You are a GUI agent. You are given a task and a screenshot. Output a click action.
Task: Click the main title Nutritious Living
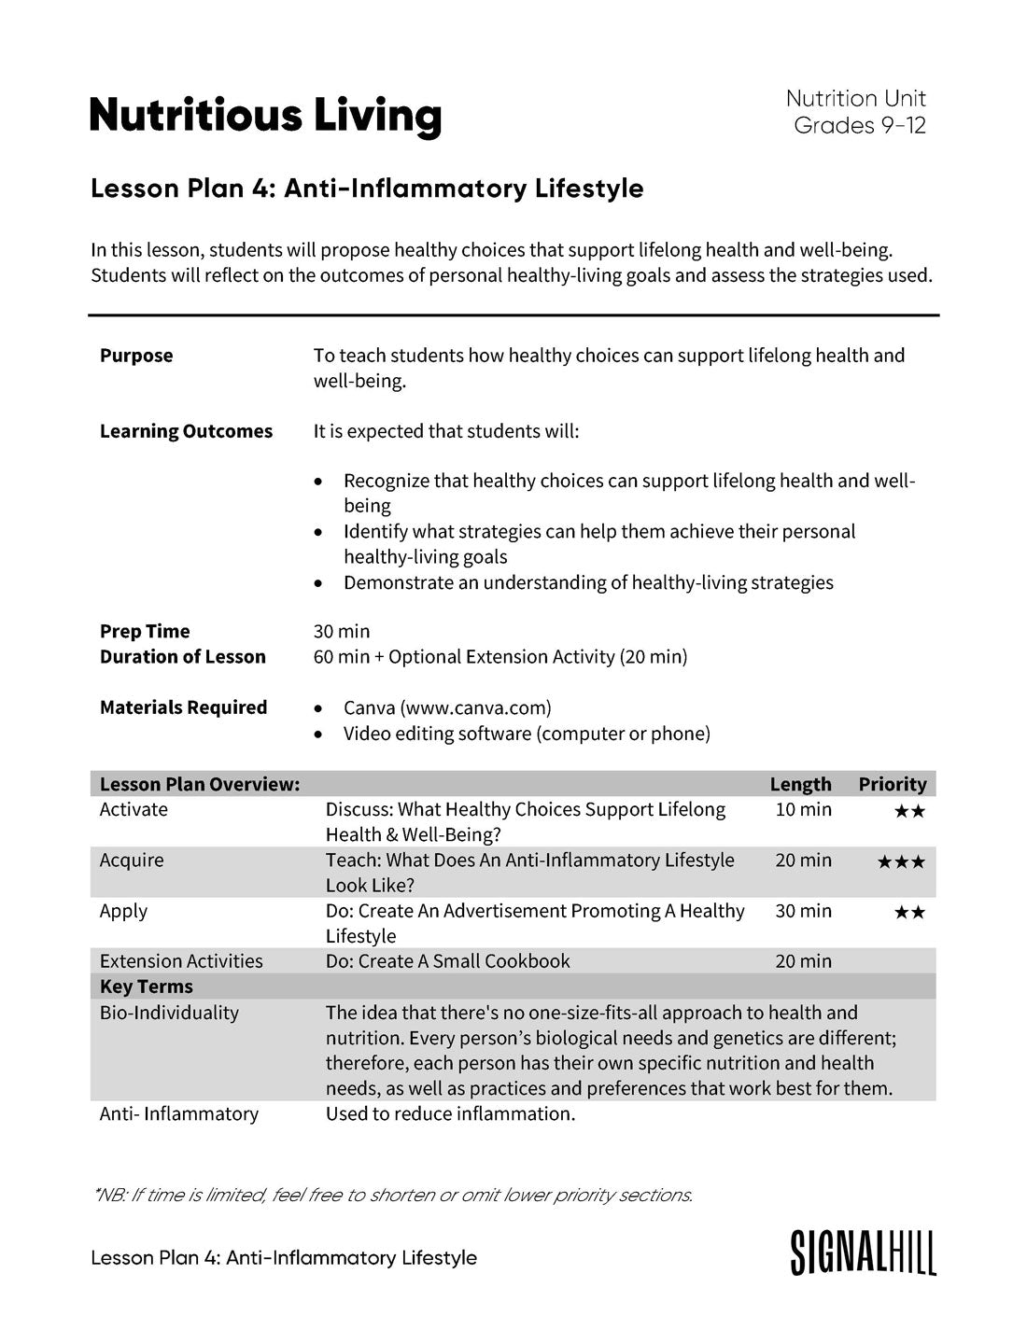pos(265,116)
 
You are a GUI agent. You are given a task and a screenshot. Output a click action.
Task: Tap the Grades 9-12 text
pos(859,125)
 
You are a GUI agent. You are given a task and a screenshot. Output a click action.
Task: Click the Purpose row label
pos(136,356)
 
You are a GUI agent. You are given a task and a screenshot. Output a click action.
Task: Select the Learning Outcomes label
pos(186,431)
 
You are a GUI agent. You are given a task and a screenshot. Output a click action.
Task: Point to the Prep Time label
pos(145,632)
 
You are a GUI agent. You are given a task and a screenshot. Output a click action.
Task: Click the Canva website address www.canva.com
pos(475,707)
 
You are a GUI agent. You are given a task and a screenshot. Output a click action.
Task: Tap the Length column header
pos(800,784)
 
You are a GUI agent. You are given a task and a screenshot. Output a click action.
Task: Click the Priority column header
pos(892,784)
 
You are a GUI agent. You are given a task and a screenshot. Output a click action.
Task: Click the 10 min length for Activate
pos(803,809)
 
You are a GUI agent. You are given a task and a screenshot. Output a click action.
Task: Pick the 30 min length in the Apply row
pos(803,911)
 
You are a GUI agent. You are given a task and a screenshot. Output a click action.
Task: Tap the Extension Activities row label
pos(181,961)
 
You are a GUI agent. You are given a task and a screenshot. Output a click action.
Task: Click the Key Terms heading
pos(147,986)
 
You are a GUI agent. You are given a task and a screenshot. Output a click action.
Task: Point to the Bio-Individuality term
pos(169,1013)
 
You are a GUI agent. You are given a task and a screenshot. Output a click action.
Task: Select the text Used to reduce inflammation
pos(450,1113)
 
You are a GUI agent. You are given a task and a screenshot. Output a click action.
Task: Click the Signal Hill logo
pos(863,1252)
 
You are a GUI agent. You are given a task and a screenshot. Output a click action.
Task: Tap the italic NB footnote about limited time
pos(393,1195)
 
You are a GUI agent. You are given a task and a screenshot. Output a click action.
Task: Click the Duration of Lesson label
pos(183,657)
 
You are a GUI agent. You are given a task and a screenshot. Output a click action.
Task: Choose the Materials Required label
pos(184,707)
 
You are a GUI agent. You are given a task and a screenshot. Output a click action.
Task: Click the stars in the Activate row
pos(909,811)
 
